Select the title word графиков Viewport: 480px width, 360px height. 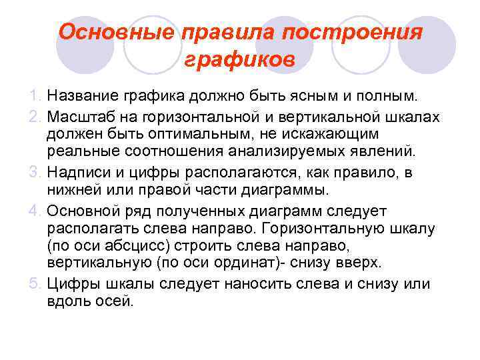point(239,61)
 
